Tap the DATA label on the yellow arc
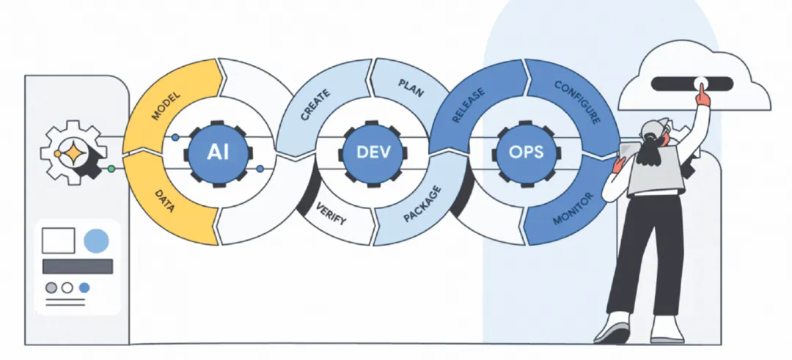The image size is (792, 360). point(165,199)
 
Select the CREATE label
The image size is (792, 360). point(315,106)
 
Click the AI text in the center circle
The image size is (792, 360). point(219,153)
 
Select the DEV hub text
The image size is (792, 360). point(373,153)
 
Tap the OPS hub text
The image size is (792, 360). point(527,153)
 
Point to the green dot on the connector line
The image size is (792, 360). point(111,169)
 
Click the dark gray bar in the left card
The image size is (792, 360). point(78,266)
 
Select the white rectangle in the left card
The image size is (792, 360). point(59,240)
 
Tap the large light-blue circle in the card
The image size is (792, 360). point(96,240)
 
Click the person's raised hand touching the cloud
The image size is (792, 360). point(703,93)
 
